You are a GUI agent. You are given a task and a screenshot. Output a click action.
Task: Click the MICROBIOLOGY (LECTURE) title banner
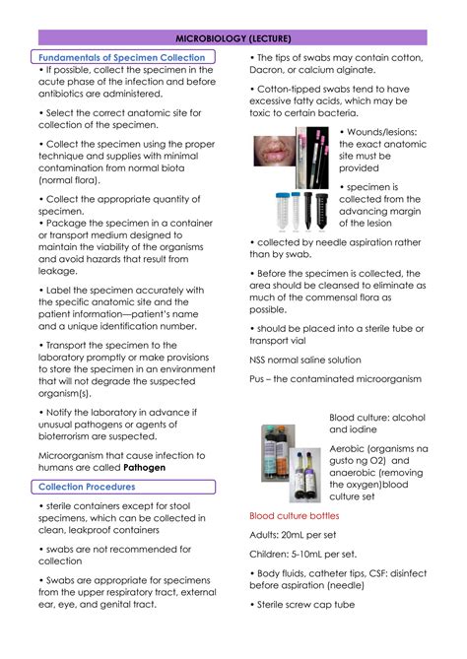[x=233, y=37]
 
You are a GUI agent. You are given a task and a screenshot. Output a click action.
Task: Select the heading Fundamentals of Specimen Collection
[x=121, y=58]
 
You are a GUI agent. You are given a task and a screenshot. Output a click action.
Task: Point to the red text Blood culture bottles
[x=294, y=515]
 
